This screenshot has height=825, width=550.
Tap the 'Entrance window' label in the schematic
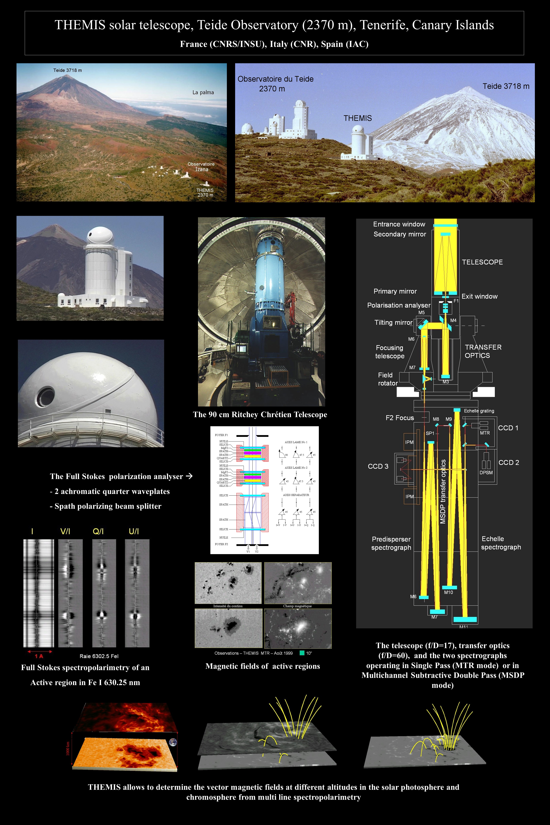click(x=399, y=224)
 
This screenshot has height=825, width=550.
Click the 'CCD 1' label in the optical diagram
click(x=508, y=428)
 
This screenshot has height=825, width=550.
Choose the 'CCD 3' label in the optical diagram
click(x=378, y=466)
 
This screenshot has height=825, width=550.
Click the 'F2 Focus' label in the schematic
click(x=399, y=418)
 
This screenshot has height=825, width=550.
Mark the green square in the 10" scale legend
click(x=302, y=653)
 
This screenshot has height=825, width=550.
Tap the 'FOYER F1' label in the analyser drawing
click(x=221, y=435)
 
